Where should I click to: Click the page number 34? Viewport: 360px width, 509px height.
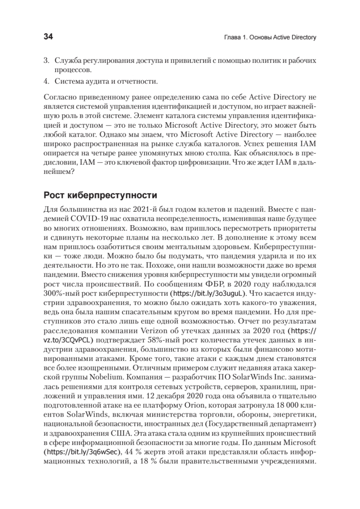tap(48, 37)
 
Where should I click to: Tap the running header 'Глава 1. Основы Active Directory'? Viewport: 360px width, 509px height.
tap(270, 38)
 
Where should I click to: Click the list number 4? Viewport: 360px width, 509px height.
tap(46, 80)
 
